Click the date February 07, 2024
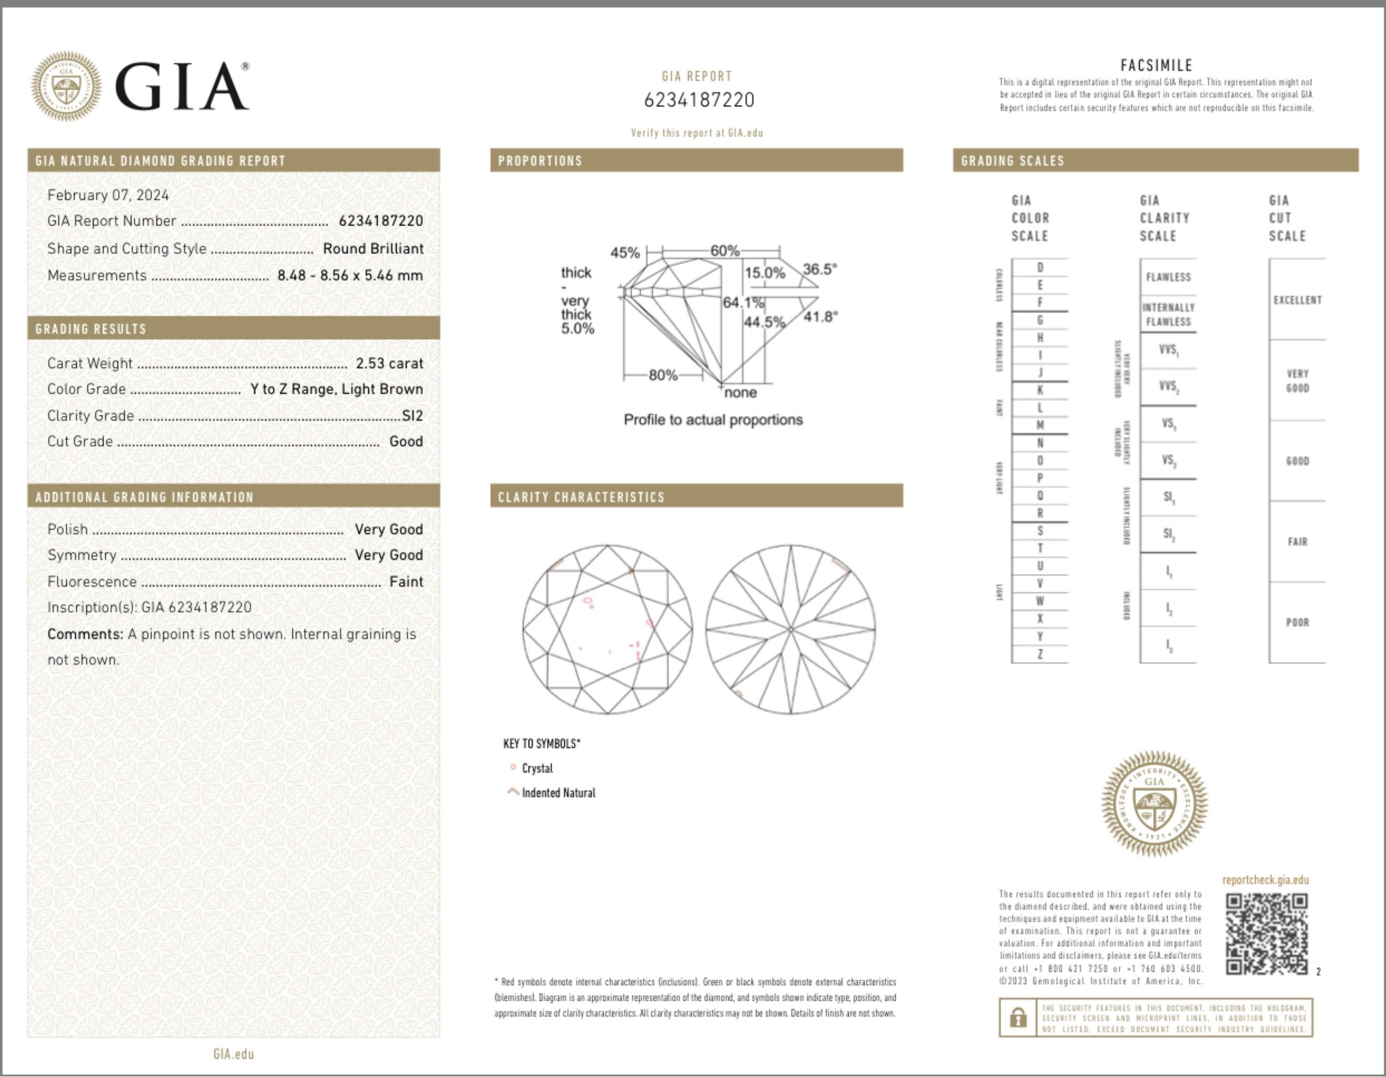pyautogui.click(x=108, y=195)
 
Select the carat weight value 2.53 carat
pyautogui.click(x=389, y=363)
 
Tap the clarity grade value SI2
pyautogui.click(x=412, y=415)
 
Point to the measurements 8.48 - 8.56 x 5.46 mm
pyautogui.click(x=350, y=276)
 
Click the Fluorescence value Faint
pyautogui.click(x=406, y=581)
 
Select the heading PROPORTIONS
pyautogui.click(x=540, y=160)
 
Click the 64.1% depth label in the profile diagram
pyautogui.click(x=743, y=302)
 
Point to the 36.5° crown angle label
pyautogui.click(x=820, y=269)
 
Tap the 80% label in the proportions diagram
pyautogui.click(x=663, y=375)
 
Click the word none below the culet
pyautogui.click(x=740, y=392)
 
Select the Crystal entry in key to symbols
pyautogui.click(x=537, y=768)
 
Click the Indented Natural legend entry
pyautogui.click(x=558, y=792)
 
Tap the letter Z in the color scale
pyautogui.click(x=1039, y=654)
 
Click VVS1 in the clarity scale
pyautogui.click(x=1168, y=350)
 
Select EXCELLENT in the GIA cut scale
pyautogui.click(x=1297, y=300)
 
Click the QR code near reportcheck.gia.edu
pyautogui.click(x=1266, y=933)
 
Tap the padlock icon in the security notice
pyautogui.click(x=1018, y=1018)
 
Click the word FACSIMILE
pyautogui.click(x=1156, y=65)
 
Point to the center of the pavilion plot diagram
pyautogui.click(x=791, y=629)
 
